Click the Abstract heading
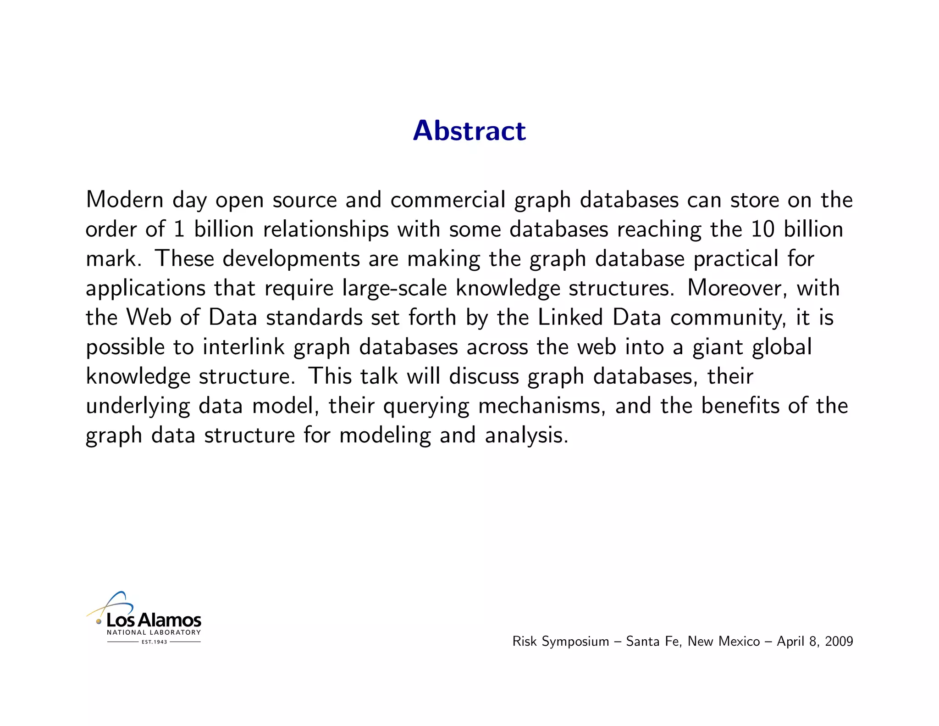(469, 131)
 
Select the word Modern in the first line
(125, 200)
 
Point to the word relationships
(326, 229)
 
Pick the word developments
(291, 259)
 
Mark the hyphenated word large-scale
(394, 288)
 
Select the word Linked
(570, 318)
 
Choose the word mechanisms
(541, 406)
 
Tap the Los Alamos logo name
(154, 620)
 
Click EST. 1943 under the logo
(154, 642)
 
